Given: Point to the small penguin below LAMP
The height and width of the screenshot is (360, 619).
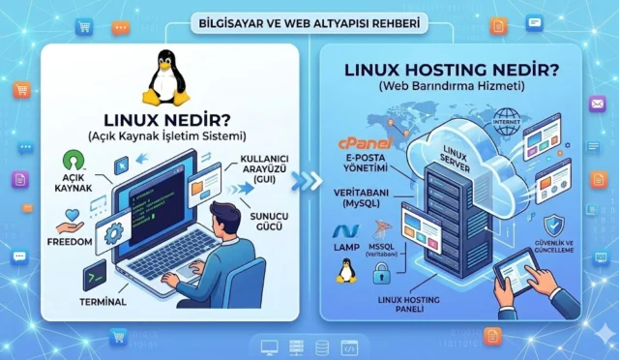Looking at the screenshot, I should [x=345, y=271].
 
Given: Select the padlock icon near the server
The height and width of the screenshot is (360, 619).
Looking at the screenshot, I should [x=384, y=276].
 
